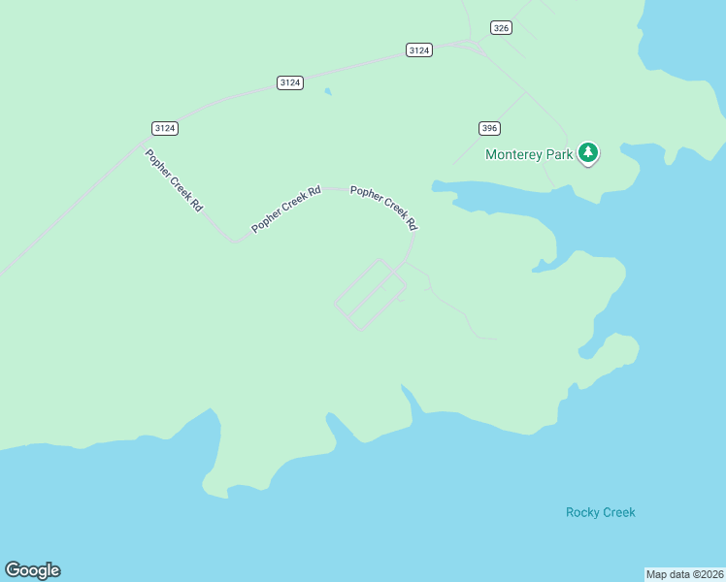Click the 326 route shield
[501, 28]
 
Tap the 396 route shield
[489, 128]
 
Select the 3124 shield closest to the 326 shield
[418, 49]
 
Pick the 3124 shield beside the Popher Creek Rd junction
[165, 128]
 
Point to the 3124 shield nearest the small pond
[289, 82]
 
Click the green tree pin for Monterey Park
[587, 152]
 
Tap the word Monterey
[513, 154]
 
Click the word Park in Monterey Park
[559, 154]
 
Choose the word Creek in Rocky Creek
[618, 512]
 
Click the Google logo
[32, 570]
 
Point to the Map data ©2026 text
[684, 573]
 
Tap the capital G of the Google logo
[13, 570]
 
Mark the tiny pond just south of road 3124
[328, 92]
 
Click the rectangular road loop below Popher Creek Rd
[370, 294]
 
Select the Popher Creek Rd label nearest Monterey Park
[383, 208]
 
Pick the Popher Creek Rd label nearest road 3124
[174, 180]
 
